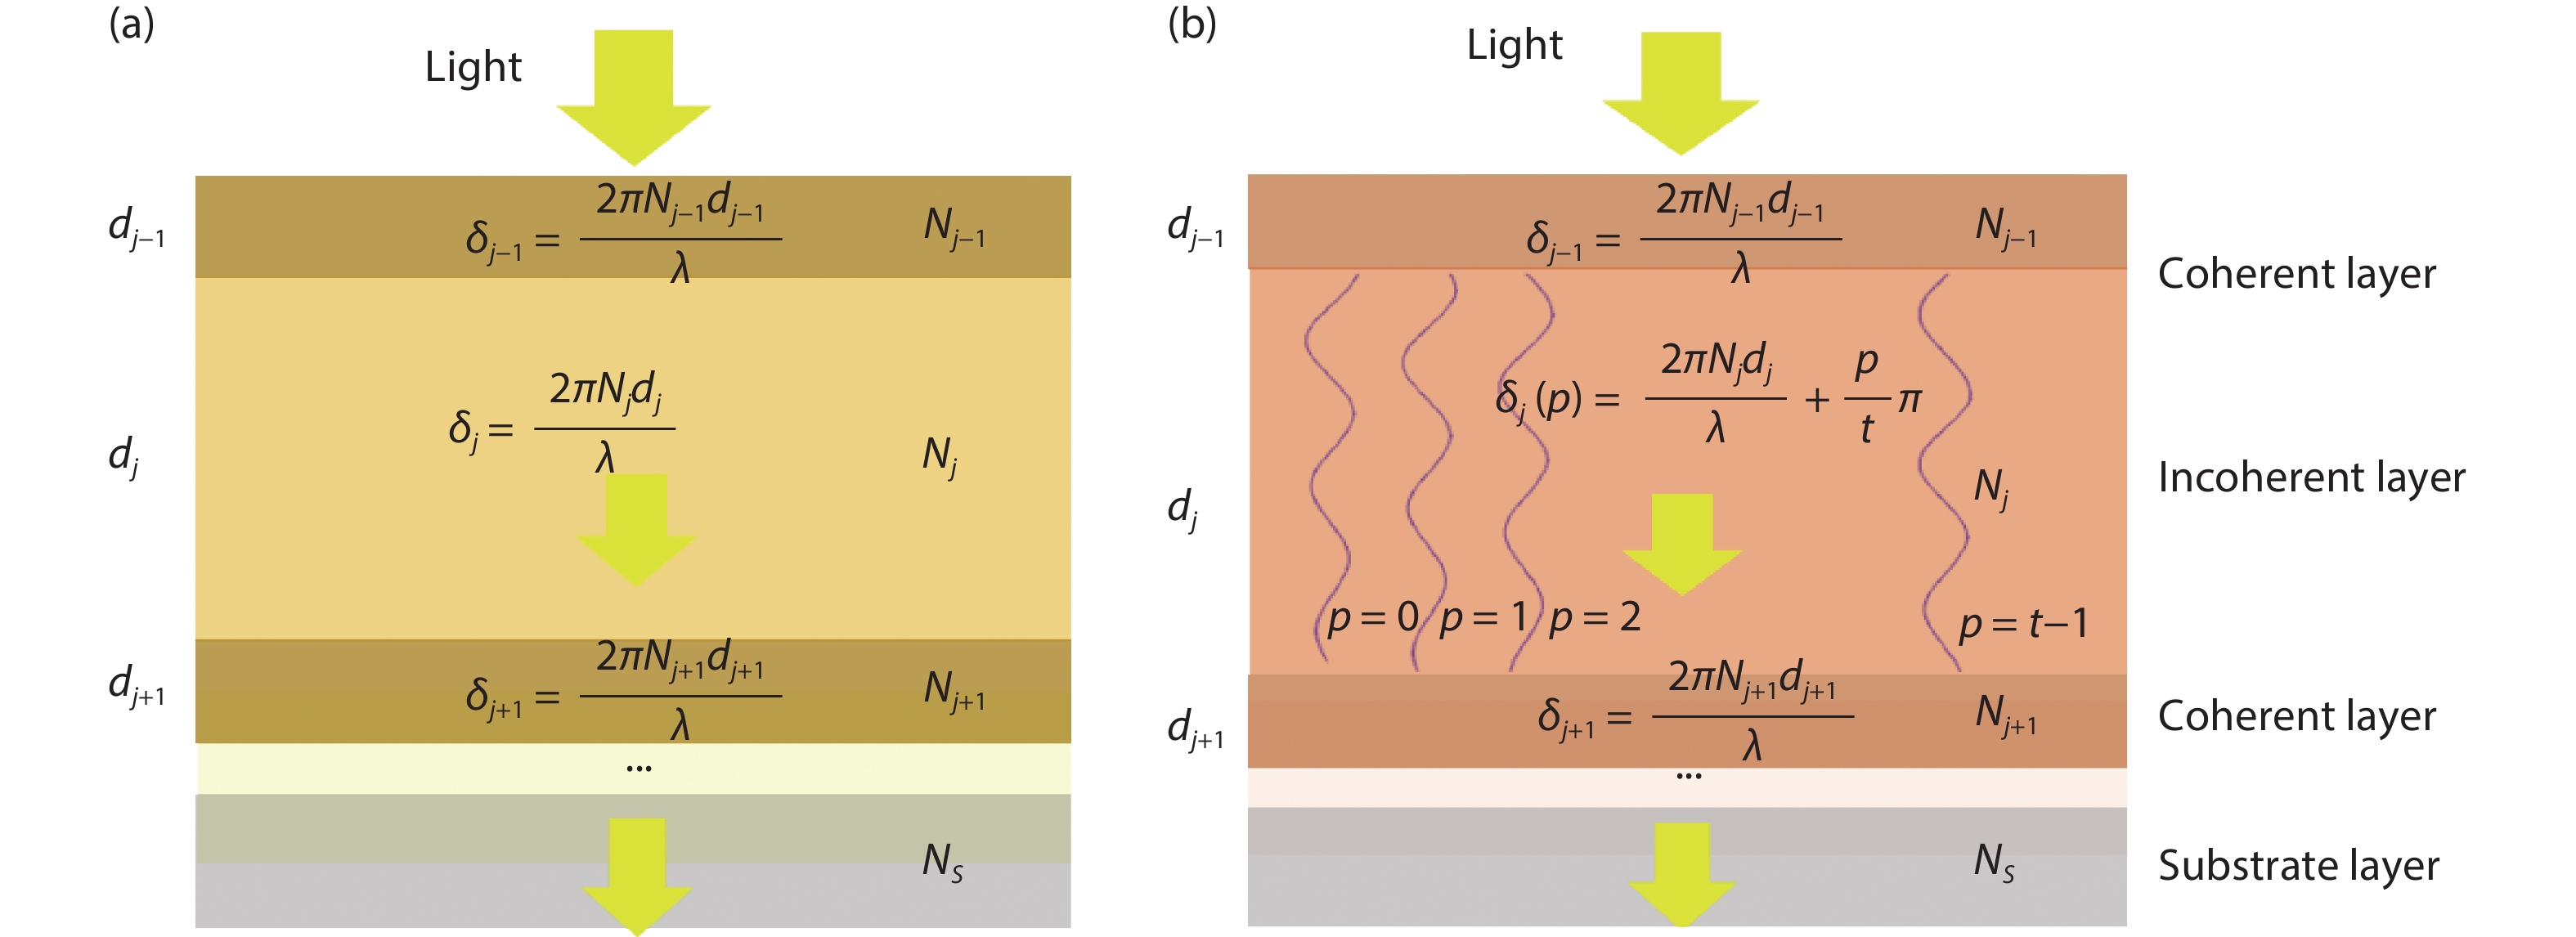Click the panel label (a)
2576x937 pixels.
(131, 23)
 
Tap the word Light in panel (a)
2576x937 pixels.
(473, 67)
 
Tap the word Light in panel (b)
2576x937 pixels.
(1514, 45)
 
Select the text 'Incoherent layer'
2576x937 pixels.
(2311, 477)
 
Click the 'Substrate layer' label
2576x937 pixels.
(2298, 865)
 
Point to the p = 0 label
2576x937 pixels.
(1372, 619)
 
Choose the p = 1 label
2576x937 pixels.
(1483, 619)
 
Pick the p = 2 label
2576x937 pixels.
(1594, 619)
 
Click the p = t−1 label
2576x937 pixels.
(2023, 625)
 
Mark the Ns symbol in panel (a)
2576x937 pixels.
(942, 861)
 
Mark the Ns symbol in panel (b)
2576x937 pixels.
(1994, 861)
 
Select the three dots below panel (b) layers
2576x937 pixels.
(1688, 777)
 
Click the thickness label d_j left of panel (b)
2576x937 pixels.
(1182, 509)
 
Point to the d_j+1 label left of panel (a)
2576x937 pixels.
(136, 686)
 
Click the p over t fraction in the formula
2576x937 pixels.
(1866, 397)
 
